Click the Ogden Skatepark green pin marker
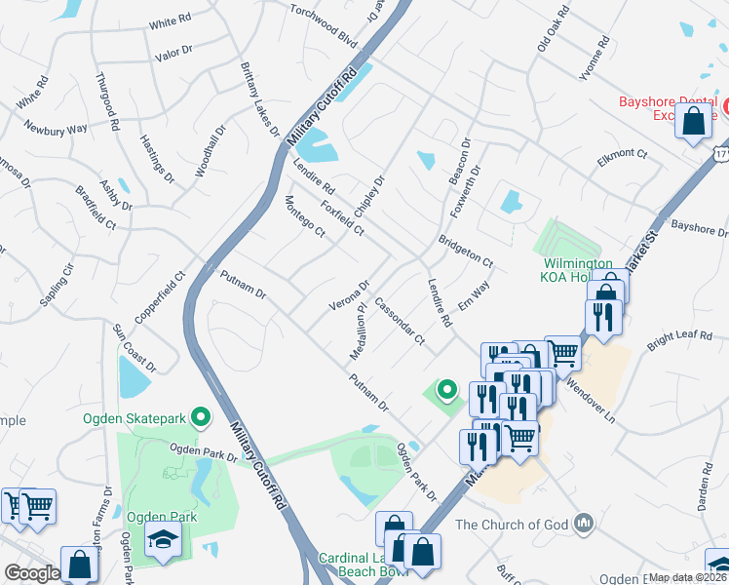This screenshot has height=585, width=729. (201, 418)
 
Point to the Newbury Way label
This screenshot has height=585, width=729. (56, 128)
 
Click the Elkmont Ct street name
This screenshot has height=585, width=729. (623, 154)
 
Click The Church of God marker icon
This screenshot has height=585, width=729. (583, 524)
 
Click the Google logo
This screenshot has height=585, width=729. (32, 573)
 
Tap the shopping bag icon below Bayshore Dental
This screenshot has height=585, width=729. (693, 123)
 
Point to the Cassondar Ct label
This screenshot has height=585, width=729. (400, 322)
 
